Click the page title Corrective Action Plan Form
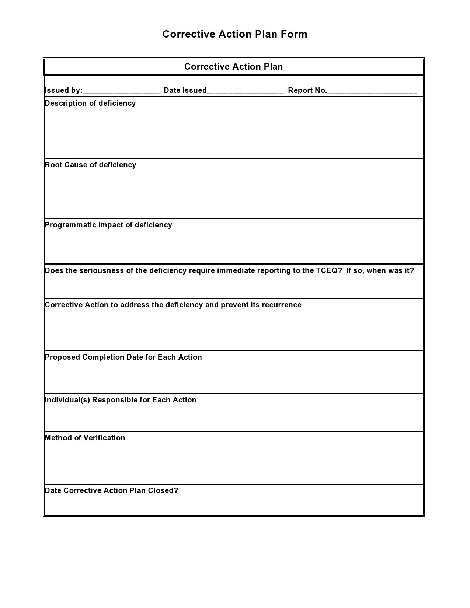[234, 34]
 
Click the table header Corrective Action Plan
[233, 67]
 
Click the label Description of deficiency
[90, 104]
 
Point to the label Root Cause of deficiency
[90, 165]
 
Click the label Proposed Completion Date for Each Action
[123, 357]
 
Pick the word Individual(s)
[67, 400]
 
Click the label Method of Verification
[85, 438]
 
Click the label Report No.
[307, 91]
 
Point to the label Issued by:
[63, 91]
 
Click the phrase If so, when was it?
[380, 271]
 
